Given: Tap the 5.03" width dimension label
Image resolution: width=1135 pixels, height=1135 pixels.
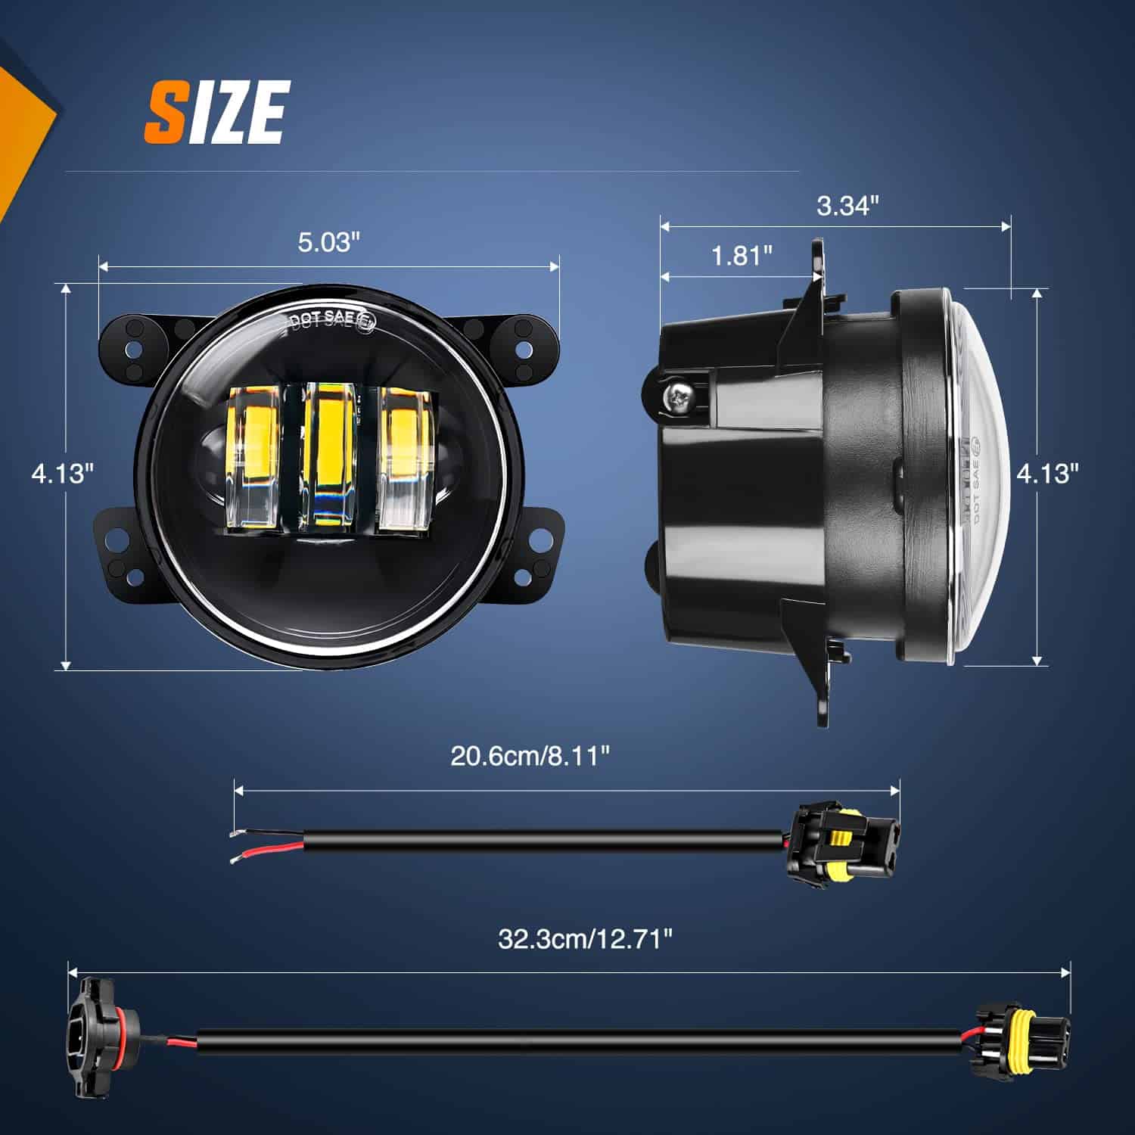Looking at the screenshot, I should tap(328, 243).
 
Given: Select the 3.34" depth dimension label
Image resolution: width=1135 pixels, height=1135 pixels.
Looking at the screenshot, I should tap(847, 206).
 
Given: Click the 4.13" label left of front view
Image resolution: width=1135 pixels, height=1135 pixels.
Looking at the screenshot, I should tap(63, 474).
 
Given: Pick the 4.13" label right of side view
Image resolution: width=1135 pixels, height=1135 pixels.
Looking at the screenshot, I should tap(1047, 474).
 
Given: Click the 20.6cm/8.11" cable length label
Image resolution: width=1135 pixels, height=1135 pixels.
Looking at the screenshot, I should tap(530, 756).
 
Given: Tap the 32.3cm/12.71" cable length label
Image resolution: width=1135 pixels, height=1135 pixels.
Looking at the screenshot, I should tap(585, 939).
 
